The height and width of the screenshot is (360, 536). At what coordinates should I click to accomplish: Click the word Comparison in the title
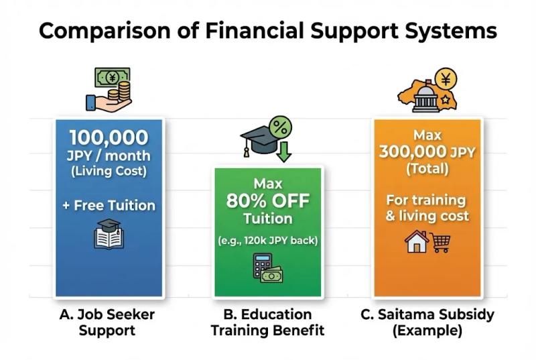click(105, 31)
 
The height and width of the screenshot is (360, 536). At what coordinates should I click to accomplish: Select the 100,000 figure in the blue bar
click(109, 137)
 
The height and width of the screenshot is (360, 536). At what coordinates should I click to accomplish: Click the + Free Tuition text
click(109, 205)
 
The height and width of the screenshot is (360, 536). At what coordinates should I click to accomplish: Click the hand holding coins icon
click(109, 97)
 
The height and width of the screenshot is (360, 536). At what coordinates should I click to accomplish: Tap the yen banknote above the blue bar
click(113, 78)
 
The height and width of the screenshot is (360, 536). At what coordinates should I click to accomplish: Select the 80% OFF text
click(267, 201)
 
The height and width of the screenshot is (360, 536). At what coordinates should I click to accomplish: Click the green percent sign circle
click(280, 127)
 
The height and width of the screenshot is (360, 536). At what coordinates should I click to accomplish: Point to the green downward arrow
click(283, 152)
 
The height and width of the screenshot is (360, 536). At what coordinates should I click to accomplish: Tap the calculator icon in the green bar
click(263, 265)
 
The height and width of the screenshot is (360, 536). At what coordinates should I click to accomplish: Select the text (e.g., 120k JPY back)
click(267, 241)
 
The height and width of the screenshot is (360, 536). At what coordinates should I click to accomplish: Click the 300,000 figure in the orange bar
click(413, 151)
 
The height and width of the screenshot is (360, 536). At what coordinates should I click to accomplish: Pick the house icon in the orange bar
click(416, 241)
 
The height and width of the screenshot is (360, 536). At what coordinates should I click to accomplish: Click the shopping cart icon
click(440, 243)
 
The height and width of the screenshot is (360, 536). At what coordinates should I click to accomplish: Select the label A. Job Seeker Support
click(107, 322)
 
